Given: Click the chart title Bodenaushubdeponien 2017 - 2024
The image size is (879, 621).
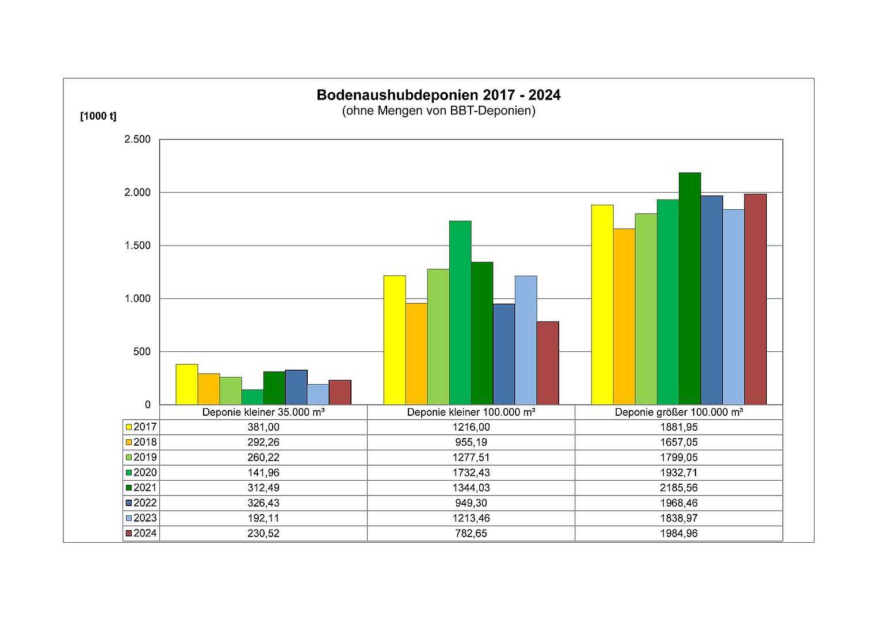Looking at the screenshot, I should point(438,95).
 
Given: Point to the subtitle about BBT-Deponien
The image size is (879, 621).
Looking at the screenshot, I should point(438,110).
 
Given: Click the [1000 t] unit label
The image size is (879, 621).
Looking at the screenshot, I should point(98,116).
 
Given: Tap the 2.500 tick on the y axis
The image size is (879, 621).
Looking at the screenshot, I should point(137,139).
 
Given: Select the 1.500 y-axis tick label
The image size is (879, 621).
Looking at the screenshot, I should point(137,246).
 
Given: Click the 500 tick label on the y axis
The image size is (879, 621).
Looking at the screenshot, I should point(142,351).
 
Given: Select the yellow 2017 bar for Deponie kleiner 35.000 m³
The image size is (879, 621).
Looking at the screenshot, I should point(187,384).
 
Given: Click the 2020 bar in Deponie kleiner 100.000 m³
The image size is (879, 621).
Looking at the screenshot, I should point(460,312).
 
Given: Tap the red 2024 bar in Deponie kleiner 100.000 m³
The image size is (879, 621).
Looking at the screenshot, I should point(548,363).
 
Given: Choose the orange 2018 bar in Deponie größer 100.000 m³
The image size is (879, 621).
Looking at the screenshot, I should point(624,316).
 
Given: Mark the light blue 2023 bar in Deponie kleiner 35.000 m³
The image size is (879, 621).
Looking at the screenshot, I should point(318,394).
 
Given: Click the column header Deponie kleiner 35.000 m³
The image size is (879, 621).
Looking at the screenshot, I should point(263,412).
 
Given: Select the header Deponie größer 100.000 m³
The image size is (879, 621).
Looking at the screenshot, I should point(679,412).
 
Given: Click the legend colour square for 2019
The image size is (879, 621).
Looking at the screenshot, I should point(129,458).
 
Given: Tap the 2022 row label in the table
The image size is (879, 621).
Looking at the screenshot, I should point(145,503).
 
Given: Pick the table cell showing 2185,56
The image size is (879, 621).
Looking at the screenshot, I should point(679,488).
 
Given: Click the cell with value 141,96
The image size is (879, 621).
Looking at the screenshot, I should point(263,473).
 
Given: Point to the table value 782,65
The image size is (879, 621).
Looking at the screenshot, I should point(471,533).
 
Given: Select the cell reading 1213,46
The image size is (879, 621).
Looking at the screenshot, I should point(471,518).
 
